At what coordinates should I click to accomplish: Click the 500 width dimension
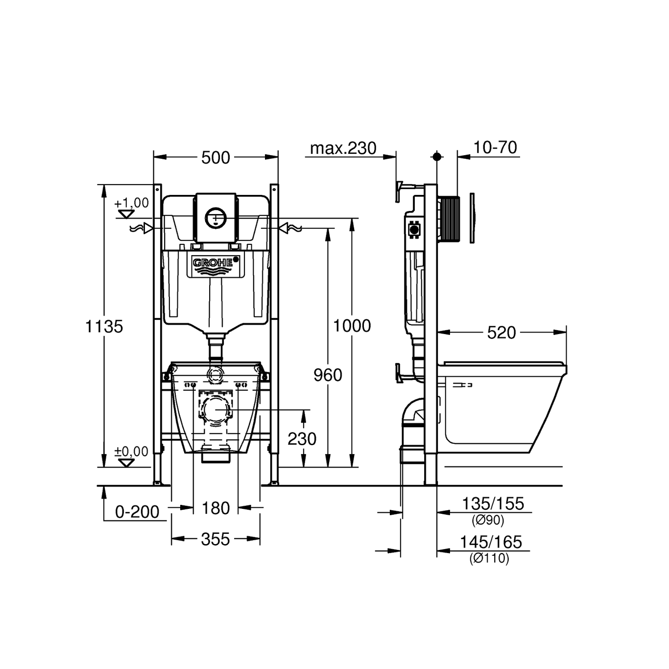pyautogui.click(x=215, y=158)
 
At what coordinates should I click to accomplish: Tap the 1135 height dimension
pyautogui.click(x=104, y=327)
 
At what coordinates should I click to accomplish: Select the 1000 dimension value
pyautogui.click(x=352, y=326)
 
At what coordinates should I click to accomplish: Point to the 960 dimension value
pyautogui.click(x=328, y=375)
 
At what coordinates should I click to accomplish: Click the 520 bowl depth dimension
pyautogui.click(x=502, y=333)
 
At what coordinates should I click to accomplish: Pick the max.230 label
pyautogui.click(x=343, y=148)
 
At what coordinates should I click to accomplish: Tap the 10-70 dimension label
pyautogui.click(x=495, y=147)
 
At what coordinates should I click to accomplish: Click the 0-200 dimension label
pyautogui.click(x=137, y=512)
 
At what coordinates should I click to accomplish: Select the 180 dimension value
pyautogui.click(x=215, y=508)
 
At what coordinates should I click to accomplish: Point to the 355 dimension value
pyautogui.click(x=215, y=540)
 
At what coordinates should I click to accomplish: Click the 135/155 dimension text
pyautogui.click(x=493, y=504)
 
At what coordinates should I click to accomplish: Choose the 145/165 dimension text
pyautogui.click(x=491, y=542)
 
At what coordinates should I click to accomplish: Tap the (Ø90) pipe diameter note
pyautogui.click(x=488, y=520)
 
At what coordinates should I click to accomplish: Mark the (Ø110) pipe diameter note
pyautogui.click(x=489, y=558)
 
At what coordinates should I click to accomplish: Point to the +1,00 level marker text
pyautogui.click(x=131, y=203)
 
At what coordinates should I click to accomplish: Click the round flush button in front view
pyautogui.click(x=215, y=218)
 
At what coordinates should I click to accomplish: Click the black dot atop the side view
pyautogui.click(x=437, y=157)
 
